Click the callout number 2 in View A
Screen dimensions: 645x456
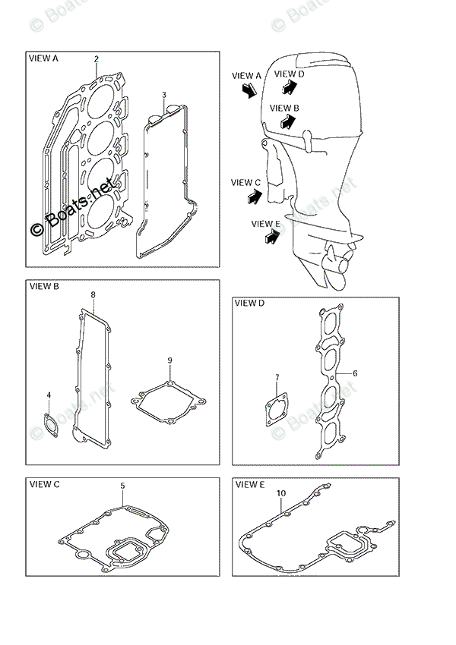[97, 59]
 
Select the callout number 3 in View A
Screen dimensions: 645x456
[164, 95]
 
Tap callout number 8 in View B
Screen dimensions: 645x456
[93, 294]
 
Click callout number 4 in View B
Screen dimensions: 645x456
[49, 395]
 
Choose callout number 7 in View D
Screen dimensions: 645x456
[277, 377]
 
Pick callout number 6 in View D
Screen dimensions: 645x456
[354, 373]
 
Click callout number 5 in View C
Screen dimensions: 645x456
[122, 486]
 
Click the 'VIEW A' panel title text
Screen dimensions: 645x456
[43, 58]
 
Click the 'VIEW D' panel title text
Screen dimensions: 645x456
[249, 304]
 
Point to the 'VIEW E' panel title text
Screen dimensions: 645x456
[250, 484]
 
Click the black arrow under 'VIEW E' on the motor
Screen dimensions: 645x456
[268, 238]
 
